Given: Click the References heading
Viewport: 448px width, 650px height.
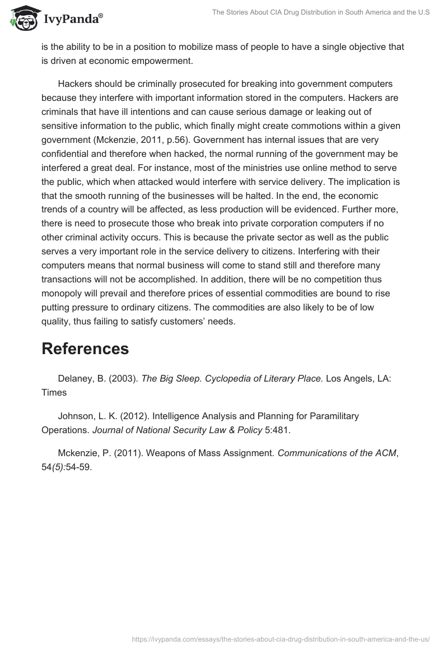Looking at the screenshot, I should [85, 349].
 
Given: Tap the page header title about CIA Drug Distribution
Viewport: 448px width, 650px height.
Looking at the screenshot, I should [320, 12].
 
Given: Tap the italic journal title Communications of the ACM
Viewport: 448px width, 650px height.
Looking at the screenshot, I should [337, 453].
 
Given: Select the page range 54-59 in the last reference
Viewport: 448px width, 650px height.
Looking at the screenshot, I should [78, 468].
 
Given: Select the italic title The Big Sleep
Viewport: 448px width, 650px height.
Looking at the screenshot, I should [169, 378].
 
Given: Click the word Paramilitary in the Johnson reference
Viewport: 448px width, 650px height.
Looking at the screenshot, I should [332, 416].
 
